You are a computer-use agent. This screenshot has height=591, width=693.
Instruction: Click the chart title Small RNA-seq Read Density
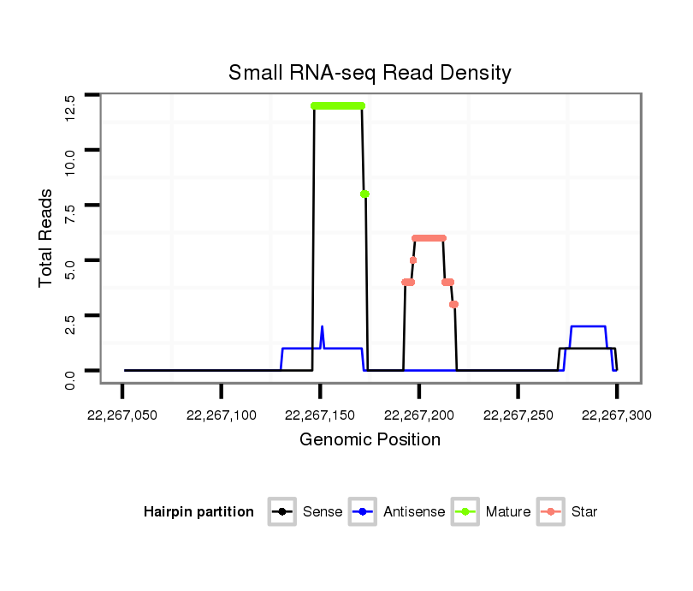pyautogui.click(x=370, y=73)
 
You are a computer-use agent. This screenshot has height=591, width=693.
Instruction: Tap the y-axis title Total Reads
pyautogui.click(x=46, y=238)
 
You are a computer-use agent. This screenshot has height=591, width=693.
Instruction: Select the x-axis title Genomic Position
pyautogui.click(x=370, y=440)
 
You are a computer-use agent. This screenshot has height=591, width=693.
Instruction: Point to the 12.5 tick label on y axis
pyautogui.click(x=70, y=106)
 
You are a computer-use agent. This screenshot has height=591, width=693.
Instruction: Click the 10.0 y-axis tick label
pyautogui.click(x=70, y=161)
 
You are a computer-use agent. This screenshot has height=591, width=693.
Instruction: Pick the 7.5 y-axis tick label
pyautogui.click(x=70, y=216)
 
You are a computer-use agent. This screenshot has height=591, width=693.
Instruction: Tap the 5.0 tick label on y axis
pyautogui.click(x=70, y=271)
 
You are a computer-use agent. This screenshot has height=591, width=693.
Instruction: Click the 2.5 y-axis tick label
pyautogui.click(x=70, y=325)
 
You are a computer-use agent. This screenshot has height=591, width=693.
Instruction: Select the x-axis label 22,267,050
pyautogui.click(x=122, y=415)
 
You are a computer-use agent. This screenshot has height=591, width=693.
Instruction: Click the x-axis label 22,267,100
pyautogui.click(x=222, y=415)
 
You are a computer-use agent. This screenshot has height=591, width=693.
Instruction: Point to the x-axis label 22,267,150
pyautogui.click(x=321, y=415)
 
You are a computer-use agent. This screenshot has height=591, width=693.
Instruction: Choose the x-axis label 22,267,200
pyautogui.click(x=419, y=415)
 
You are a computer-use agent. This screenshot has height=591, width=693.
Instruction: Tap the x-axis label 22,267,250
pyautogui.click(x=518, y=415)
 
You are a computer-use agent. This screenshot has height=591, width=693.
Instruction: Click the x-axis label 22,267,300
pyautogui.click(x=617, y=415)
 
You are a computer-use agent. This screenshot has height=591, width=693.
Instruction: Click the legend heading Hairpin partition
pyautogui.click(x=198, y=512)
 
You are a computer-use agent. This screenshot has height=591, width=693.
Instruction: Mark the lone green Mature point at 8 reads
pyautogui.click(x=364, y=194)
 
